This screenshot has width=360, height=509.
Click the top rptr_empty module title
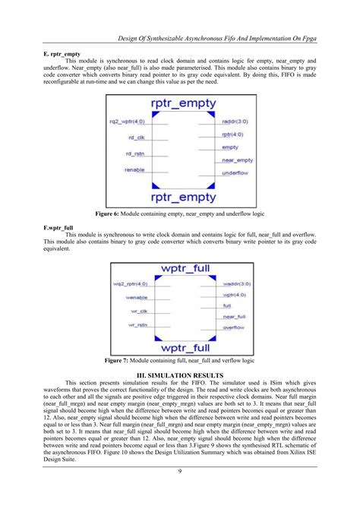(x=180, y=105)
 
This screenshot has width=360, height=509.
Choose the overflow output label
(x=233, y=327)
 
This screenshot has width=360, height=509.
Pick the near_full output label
(x=233, y=315)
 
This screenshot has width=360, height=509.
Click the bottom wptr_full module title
(x=180, y=347)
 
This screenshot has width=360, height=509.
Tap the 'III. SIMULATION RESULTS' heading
(x=180, y=375)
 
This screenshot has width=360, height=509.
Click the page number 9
(x=180, y=494)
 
